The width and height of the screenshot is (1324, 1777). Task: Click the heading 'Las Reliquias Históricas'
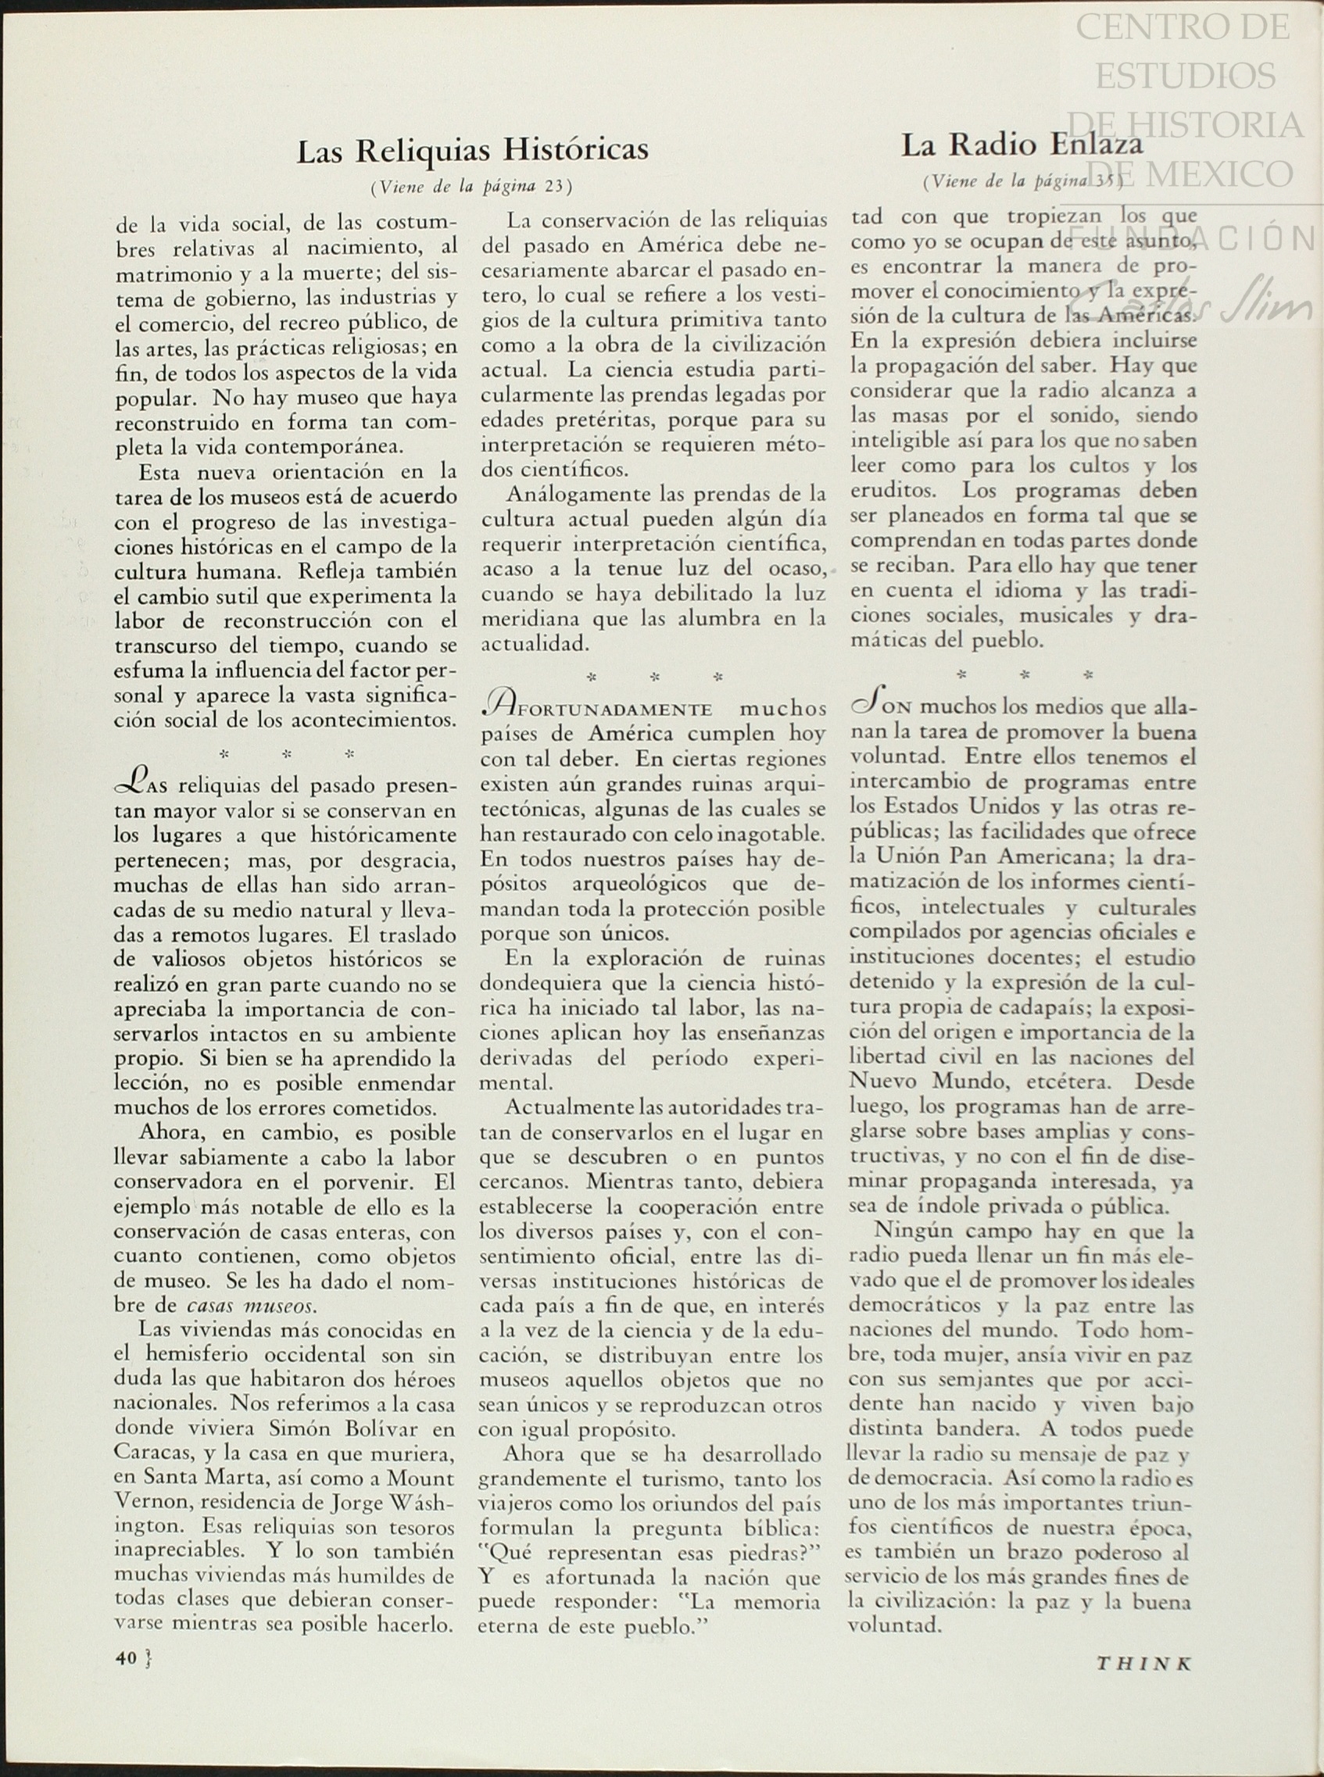pyautogui.click(x=473, y=150)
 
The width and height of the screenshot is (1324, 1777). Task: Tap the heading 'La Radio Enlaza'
pyautogui.click(x=1021, y=145)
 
